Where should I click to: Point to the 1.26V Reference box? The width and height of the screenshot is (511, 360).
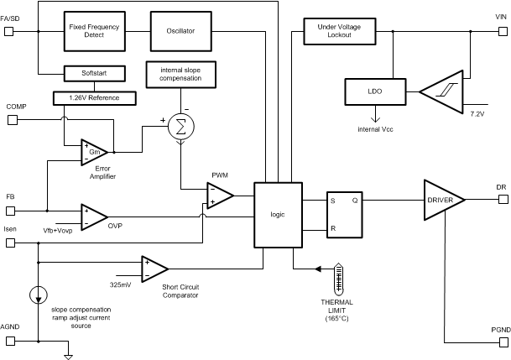coord(95,97)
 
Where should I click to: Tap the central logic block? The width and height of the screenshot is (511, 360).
coord(278,213)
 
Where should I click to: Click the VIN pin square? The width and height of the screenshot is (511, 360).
coord(502,31)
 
